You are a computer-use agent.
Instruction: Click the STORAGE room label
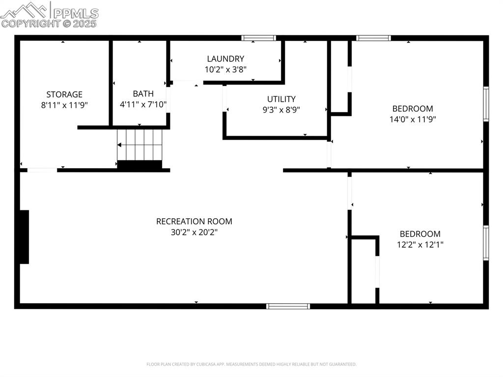point(64,94)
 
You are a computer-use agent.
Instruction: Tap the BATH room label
point(143,94)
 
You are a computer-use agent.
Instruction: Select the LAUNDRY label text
point(225,59)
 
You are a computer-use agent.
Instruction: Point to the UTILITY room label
point(281,99)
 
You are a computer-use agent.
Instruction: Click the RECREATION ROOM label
point(194,222)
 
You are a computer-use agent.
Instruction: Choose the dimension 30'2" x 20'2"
point(194,232)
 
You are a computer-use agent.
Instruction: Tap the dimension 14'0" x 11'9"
point(413,119)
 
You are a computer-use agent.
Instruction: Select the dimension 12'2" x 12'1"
point(420,245)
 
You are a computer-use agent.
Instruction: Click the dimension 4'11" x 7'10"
point(143,105)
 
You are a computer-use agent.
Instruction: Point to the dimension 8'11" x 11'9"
point(64,105)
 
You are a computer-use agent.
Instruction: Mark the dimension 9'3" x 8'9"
point(281,110)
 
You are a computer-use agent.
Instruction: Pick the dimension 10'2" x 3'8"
point(225,70)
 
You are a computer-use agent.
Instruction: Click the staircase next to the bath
point(140,145)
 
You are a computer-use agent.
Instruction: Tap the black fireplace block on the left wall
point(24,237)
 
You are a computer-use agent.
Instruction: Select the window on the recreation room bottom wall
point(288,306)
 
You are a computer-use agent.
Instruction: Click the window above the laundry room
point(258,38)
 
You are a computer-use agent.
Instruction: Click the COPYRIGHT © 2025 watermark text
point(49,23)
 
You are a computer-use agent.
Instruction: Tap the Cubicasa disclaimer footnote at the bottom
point(251,364)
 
